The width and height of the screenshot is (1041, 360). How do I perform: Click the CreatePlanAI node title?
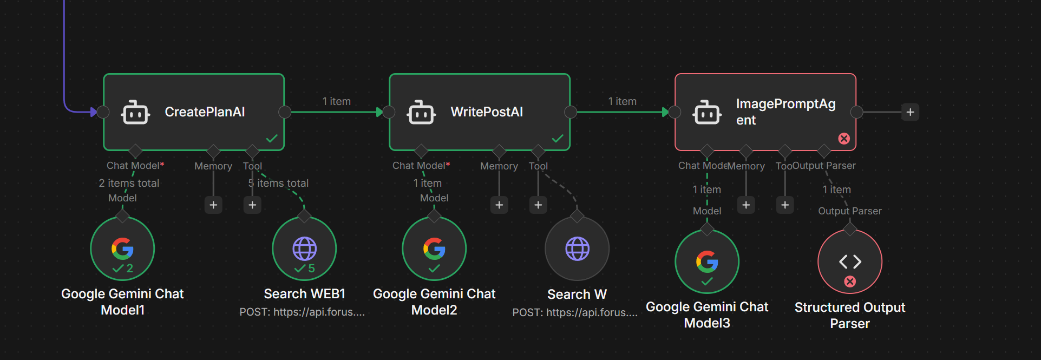pos(205,112)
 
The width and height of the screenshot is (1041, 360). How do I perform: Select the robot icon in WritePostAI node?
pos(421,113)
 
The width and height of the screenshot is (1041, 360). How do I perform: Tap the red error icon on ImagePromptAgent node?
pos(844,139)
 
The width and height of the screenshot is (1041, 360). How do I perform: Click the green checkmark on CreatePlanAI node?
pos(272,139)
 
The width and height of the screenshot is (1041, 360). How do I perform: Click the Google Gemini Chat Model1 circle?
pos(122,249)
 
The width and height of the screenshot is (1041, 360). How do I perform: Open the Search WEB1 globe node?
pos(304,249)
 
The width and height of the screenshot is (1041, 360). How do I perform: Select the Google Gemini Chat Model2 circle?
pos(434,249)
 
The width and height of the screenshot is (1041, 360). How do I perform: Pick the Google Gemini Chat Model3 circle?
pos(707,262)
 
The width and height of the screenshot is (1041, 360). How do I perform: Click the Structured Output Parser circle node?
pos(850,262)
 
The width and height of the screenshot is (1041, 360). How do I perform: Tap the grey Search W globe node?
pos(577,249)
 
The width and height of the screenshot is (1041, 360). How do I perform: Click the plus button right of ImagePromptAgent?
pos(911,112)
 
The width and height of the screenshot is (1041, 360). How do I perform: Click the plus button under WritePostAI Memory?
pos(499,205)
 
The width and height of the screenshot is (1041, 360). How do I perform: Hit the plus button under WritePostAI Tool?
pos(538,205)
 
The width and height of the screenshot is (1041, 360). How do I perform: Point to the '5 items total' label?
pos(279,183)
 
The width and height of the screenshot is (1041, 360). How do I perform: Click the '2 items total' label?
pos(129,183)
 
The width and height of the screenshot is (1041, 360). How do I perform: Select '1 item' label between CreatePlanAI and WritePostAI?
pos(337,101)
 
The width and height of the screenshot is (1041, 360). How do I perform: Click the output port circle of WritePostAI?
pos(571,112)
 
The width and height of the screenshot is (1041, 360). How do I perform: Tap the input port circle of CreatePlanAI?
pos(103,112)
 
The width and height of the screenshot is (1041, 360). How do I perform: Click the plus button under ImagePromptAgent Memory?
pos(746,205)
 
